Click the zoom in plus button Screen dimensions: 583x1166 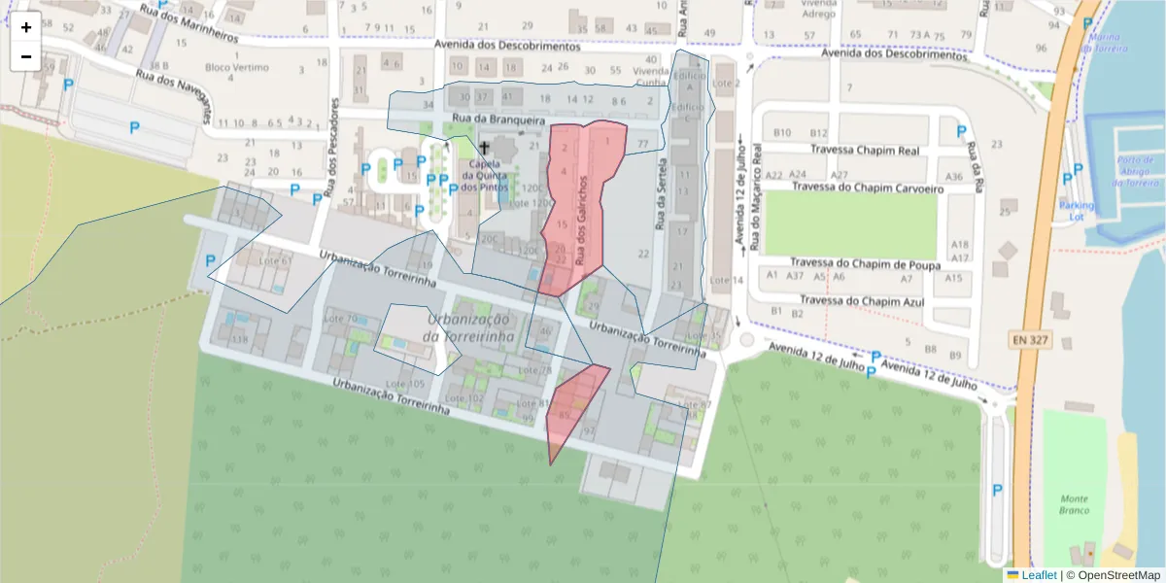tap(26, 28)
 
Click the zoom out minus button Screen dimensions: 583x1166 tap(26, 56)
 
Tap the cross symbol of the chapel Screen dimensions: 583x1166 tap(484, 148)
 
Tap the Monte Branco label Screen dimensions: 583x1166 tap(1075, 504)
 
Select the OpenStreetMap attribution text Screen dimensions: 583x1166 tap(1117, 575)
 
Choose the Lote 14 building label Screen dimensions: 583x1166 tap(726, 280)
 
